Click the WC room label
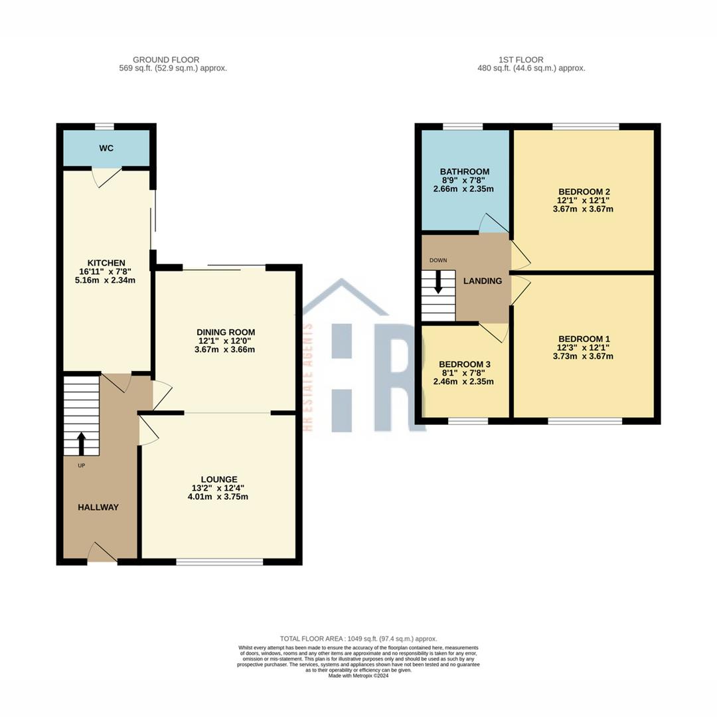click(x=106, y=148)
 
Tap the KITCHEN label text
click(x=106, y=263)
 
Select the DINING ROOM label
click(x=226, y=332)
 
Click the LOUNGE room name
click(x=219, y=479)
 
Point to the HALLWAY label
click(x=98, y=507)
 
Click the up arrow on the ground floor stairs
click(x=82, y=443)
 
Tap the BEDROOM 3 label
click(x=465, y=364)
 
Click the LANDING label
click(x=483, y=281)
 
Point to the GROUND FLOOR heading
click(x=166, y=60)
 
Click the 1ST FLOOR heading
click(x=530, y=60)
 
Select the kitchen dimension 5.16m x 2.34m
click(x=106, y=280)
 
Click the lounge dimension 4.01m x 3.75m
click(x=219, y=497)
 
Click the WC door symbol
click(x=106, y=177)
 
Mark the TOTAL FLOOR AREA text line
click(x=358, y=639)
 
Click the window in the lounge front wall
click(x=220, y=562)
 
